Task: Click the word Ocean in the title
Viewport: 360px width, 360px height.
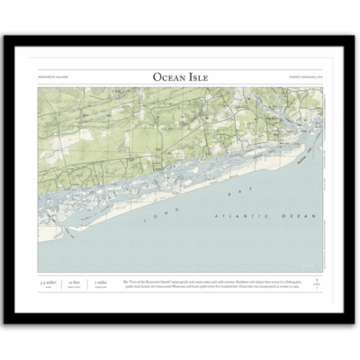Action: pyautogui.click(x=167, y=78)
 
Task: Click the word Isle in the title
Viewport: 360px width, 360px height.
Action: pyautogui.click(x=198, y=78)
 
